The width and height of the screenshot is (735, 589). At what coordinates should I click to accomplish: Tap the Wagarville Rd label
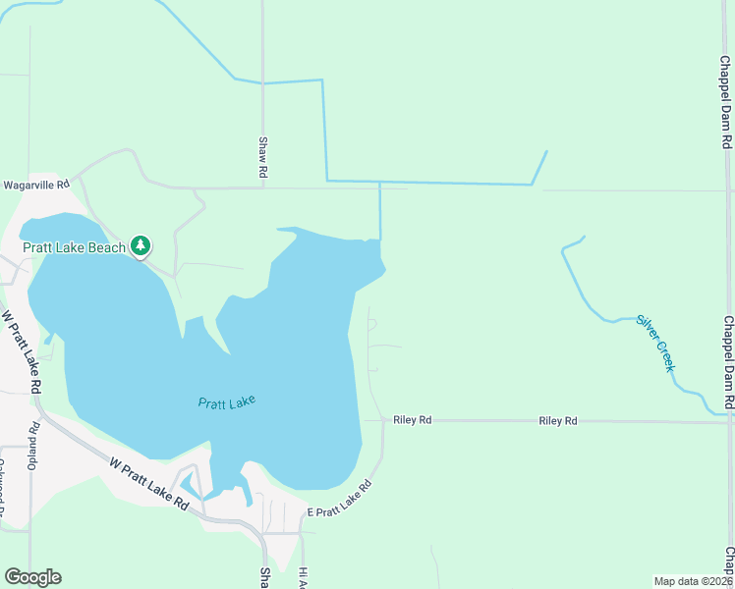tap(36, 185)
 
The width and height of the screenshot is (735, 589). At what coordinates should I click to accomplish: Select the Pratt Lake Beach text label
tap(75, 247)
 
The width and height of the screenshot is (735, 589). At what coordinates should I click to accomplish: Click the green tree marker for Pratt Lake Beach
tap(141, 245)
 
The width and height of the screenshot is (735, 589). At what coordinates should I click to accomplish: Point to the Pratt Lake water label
tap(227, 402)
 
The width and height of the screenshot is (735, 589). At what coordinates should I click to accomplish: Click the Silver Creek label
tap(655, 343)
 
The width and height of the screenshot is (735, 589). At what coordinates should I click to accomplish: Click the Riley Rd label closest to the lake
tap(412, 420)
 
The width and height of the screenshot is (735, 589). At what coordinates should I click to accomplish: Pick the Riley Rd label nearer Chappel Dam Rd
tap(557, 421)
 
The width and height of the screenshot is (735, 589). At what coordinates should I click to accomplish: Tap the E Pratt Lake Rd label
tap(340, 501)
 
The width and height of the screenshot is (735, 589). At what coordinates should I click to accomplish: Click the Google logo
tap(32, 577)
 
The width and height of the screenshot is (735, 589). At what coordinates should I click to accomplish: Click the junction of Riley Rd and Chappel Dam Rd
tap(728, 422)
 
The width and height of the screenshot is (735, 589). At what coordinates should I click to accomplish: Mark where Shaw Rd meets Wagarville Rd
tap(263, 187)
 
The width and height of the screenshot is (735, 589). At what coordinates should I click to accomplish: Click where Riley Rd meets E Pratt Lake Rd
tap(382, 420)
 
